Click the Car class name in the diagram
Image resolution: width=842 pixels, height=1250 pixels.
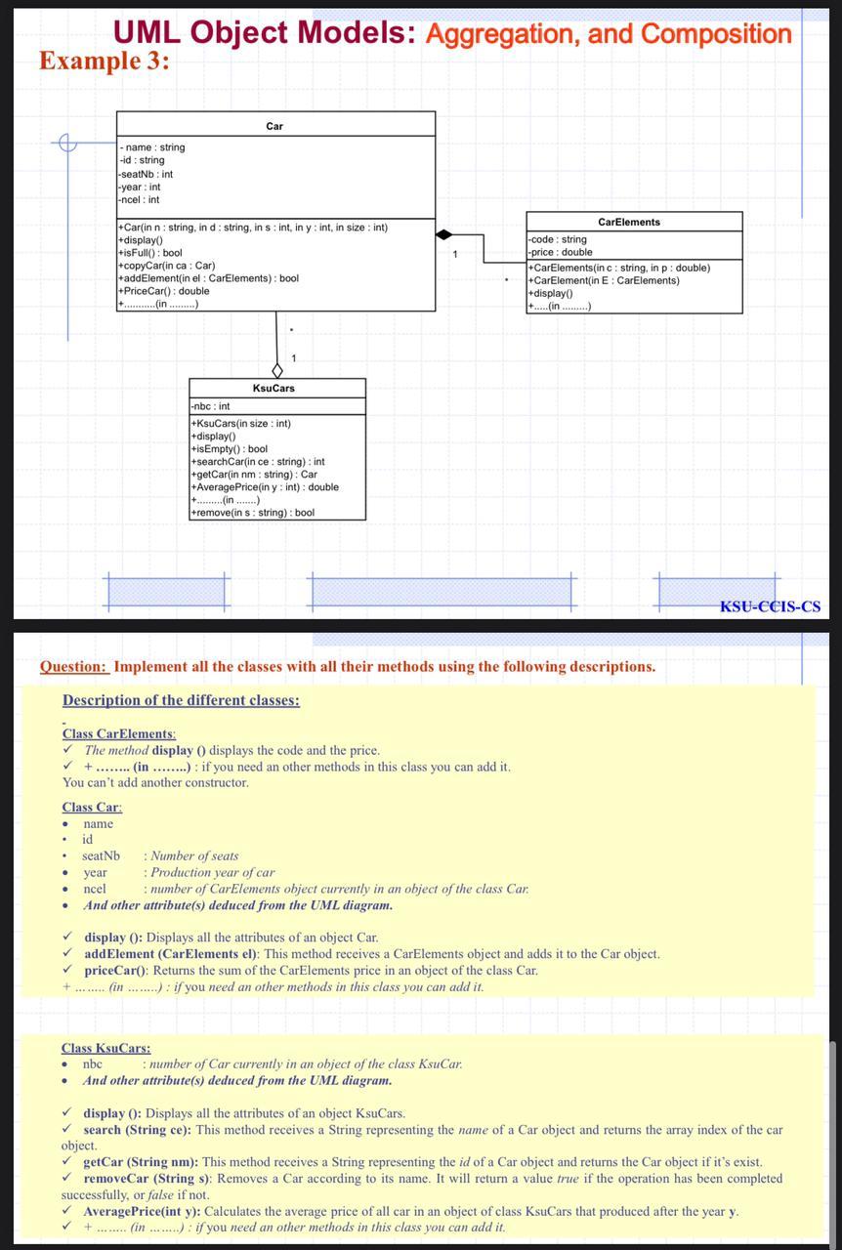pyautogui.click(x=274, y=126)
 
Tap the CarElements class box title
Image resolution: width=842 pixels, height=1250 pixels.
pyautogui.click(x=629, y=223)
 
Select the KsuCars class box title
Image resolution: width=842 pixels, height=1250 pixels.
pyautogui.click(x=274, y=389)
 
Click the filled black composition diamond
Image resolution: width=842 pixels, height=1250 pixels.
pyautogui.click(x=444, y=234)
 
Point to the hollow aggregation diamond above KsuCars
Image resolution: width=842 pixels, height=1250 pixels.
pyautogui.click(x=277, y=370)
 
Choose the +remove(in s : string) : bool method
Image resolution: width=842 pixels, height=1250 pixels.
pyautogui.click(x=252, y=513)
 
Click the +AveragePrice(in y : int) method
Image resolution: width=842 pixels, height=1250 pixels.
pyautogui.click(x=265, y=487)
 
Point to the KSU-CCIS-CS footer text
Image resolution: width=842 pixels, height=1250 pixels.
pyautogui.click(x=770, y=606)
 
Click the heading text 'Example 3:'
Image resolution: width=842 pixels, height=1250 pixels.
pyautogui.click(x=105, y=61)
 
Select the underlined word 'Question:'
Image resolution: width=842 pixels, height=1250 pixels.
pyautogui.click(x=73, y=667)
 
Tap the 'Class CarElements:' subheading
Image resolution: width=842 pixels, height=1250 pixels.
pyautogui.click(x=119, y=733)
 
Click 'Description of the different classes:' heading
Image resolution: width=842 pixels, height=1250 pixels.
pyautogui.click(x=181, y=700)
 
